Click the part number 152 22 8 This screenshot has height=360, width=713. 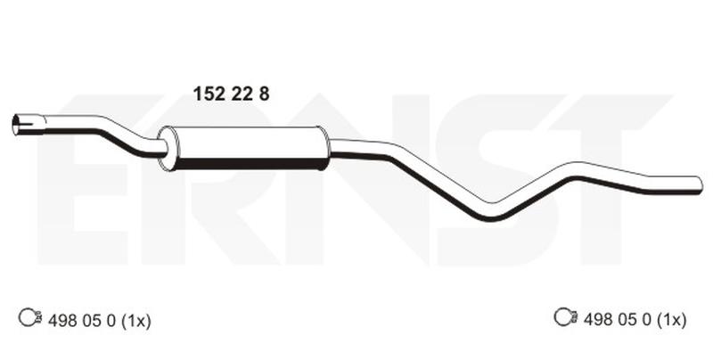click(x=231, y=94)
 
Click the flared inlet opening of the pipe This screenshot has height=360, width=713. click(x=17, y=125)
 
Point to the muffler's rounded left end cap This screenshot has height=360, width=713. click(x=168, y=149)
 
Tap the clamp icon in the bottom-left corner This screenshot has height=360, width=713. click(x=30, y=317)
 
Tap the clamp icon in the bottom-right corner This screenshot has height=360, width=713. click(x=566, y=317)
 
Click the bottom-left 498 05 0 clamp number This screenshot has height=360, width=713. click(x=82, y=321)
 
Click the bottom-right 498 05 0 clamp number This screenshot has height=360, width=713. click(x=618, y=320)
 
